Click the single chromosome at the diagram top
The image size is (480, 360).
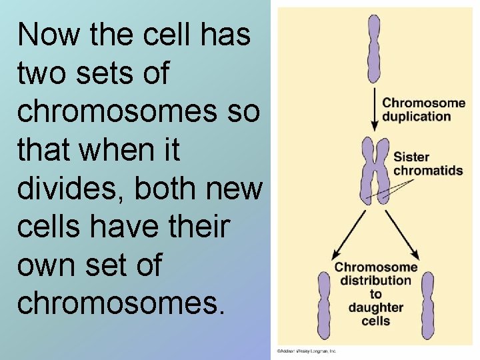click(x=373, y=50)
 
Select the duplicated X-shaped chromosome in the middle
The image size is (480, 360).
click(x=375, y=170)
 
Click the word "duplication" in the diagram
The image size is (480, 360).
click(x=417, y=116)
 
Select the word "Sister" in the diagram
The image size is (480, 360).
click(x=411, y=158)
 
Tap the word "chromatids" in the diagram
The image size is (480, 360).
click(x=428, y=171)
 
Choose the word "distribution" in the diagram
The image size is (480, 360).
click(x=376, y=281)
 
